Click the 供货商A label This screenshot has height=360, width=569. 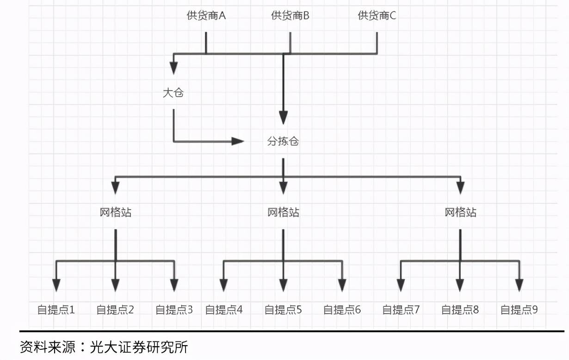coord(206,16)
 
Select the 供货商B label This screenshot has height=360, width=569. coord(290,16)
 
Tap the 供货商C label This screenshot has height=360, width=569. coord(377,16)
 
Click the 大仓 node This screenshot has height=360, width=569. coord(173,93)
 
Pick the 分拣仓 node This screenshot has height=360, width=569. coord(283,142)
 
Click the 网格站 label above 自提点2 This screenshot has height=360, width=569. coord(116,212)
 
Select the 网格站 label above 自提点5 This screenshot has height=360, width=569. coord(283,212)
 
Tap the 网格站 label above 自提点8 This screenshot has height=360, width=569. coord(460,212)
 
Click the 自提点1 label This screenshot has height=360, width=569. coord(56,310)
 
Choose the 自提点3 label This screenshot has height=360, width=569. coord(174,310)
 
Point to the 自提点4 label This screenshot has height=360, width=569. coord(223,310)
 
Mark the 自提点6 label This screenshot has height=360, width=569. coord(342,310)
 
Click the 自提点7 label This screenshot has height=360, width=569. coord(401,310)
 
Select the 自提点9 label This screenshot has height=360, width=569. coord(519,310)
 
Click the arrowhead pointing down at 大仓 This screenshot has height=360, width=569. coord(173,68)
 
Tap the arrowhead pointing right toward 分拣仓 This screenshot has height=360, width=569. coord(238,141)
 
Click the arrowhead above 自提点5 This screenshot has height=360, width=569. coord(283,285)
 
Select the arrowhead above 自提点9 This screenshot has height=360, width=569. coord(519,285)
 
